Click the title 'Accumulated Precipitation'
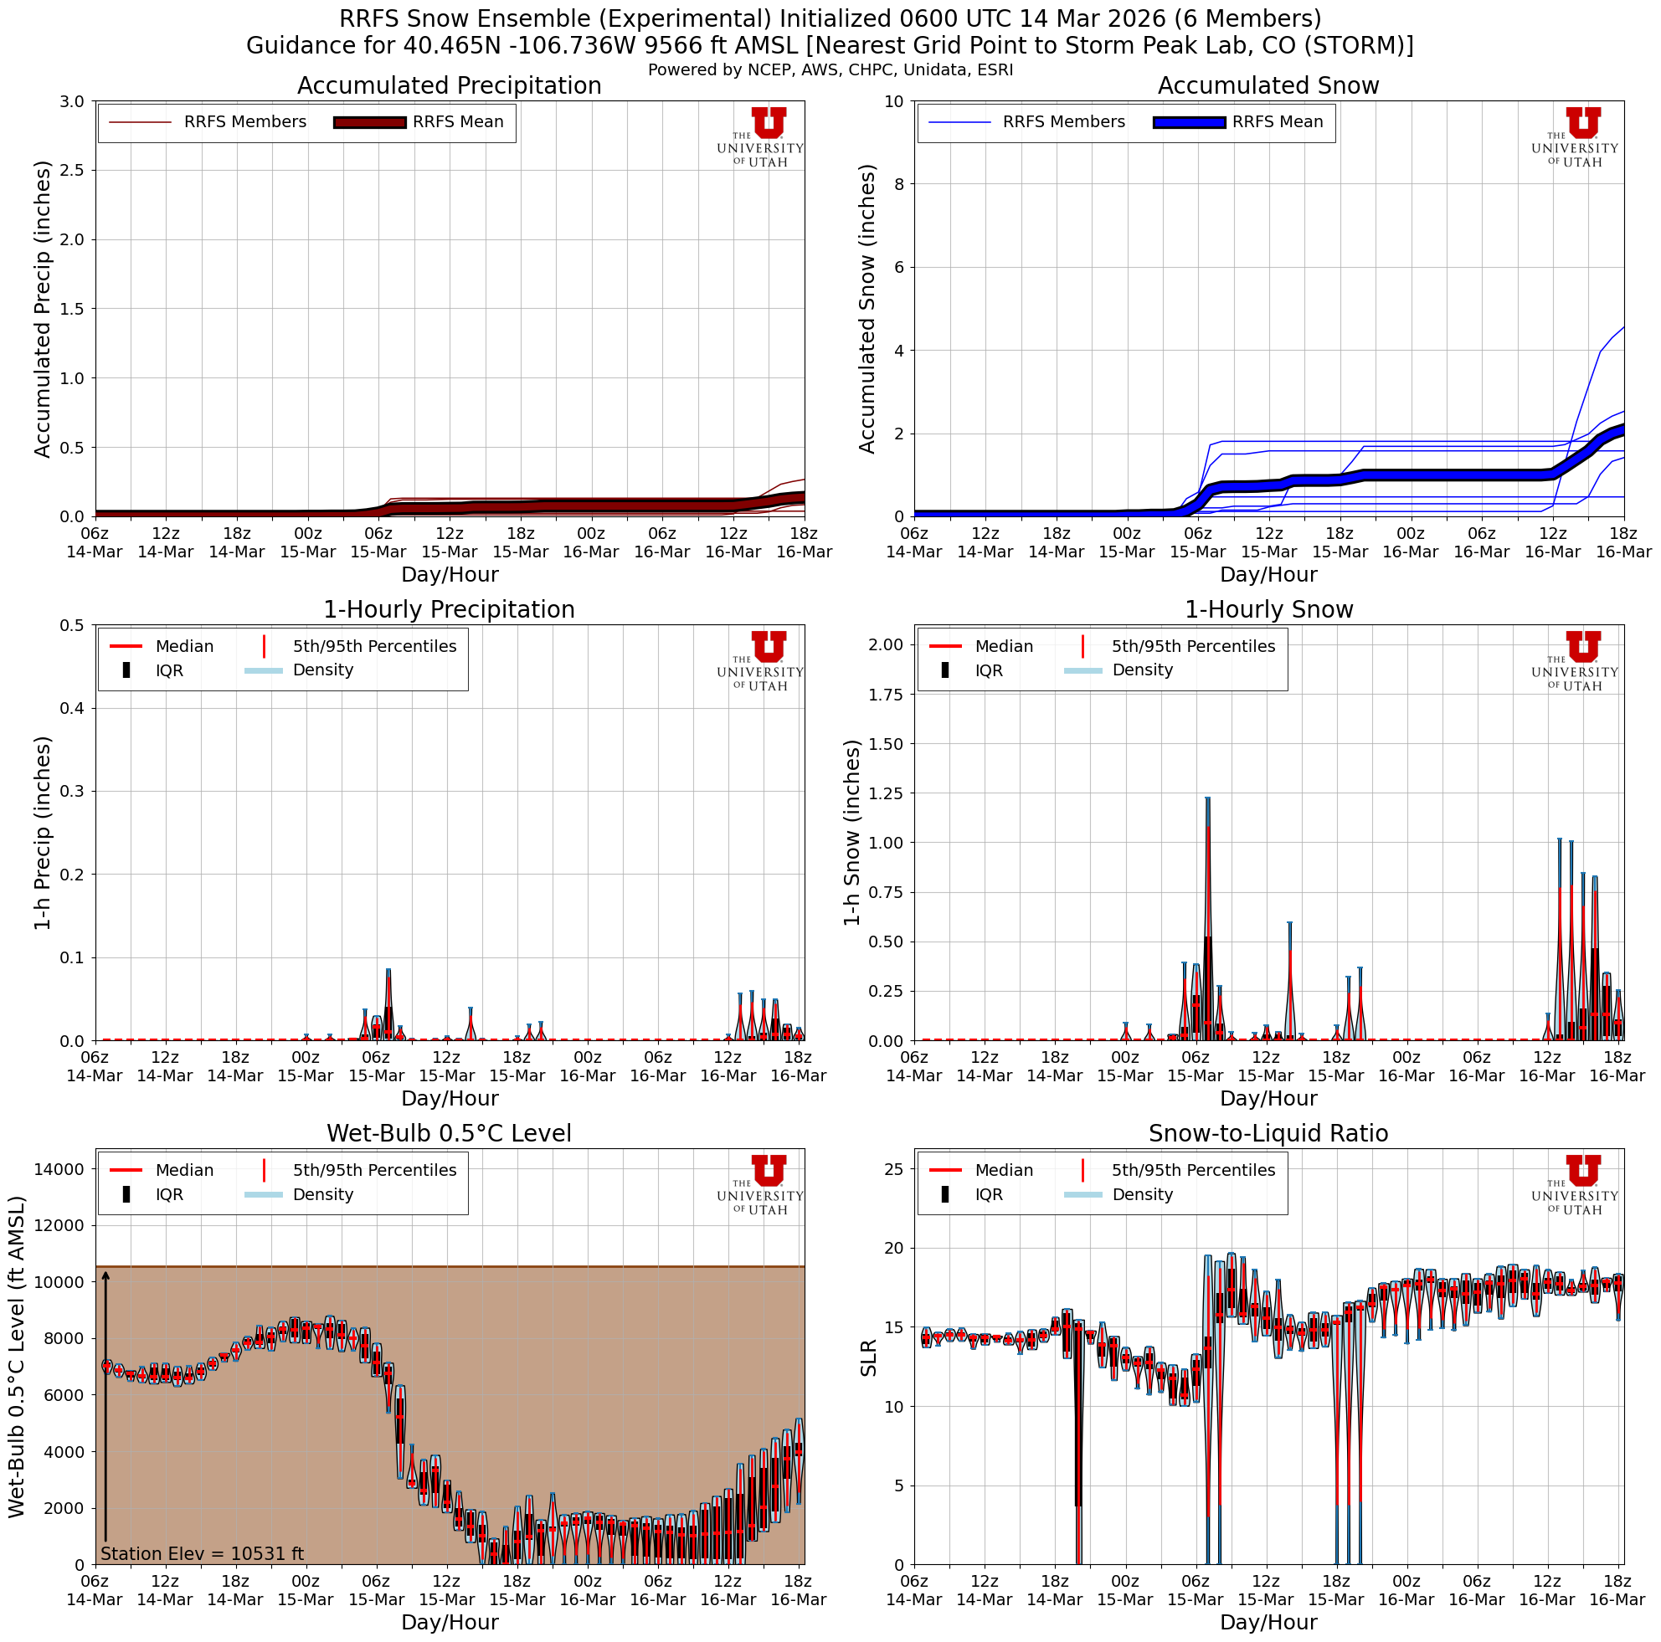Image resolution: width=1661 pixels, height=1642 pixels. coord(449,86)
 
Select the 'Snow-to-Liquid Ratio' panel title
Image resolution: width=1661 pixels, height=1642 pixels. coord(1268,1133)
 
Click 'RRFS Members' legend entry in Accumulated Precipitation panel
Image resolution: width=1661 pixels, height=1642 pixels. coord(245,122)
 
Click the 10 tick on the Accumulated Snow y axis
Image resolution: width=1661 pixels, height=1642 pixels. coord(894,101)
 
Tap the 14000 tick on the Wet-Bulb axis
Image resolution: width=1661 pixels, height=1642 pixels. coord(58,1169)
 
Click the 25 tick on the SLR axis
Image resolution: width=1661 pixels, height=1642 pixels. coord(894,1169)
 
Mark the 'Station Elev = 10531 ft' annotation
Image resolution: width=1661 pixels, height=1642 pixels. coord(202,1553)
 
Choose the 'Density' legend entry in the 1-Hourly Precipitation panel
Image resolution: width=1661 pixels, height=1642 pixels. coord(322,670)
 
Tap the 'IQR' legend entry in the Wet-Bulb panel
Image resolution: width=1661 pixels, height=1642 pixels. coord(169,1194)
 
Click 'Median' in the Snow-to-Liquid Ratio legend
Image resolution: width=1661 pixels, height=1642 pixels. coord(1003,1170)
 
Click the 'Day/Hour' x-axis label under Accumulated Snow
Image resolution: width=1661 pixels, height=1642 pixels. coord(1268,574)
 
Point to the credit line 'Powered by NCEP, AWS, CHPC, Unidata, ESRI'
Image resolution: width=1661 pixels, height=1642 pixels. coord(830,70)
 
